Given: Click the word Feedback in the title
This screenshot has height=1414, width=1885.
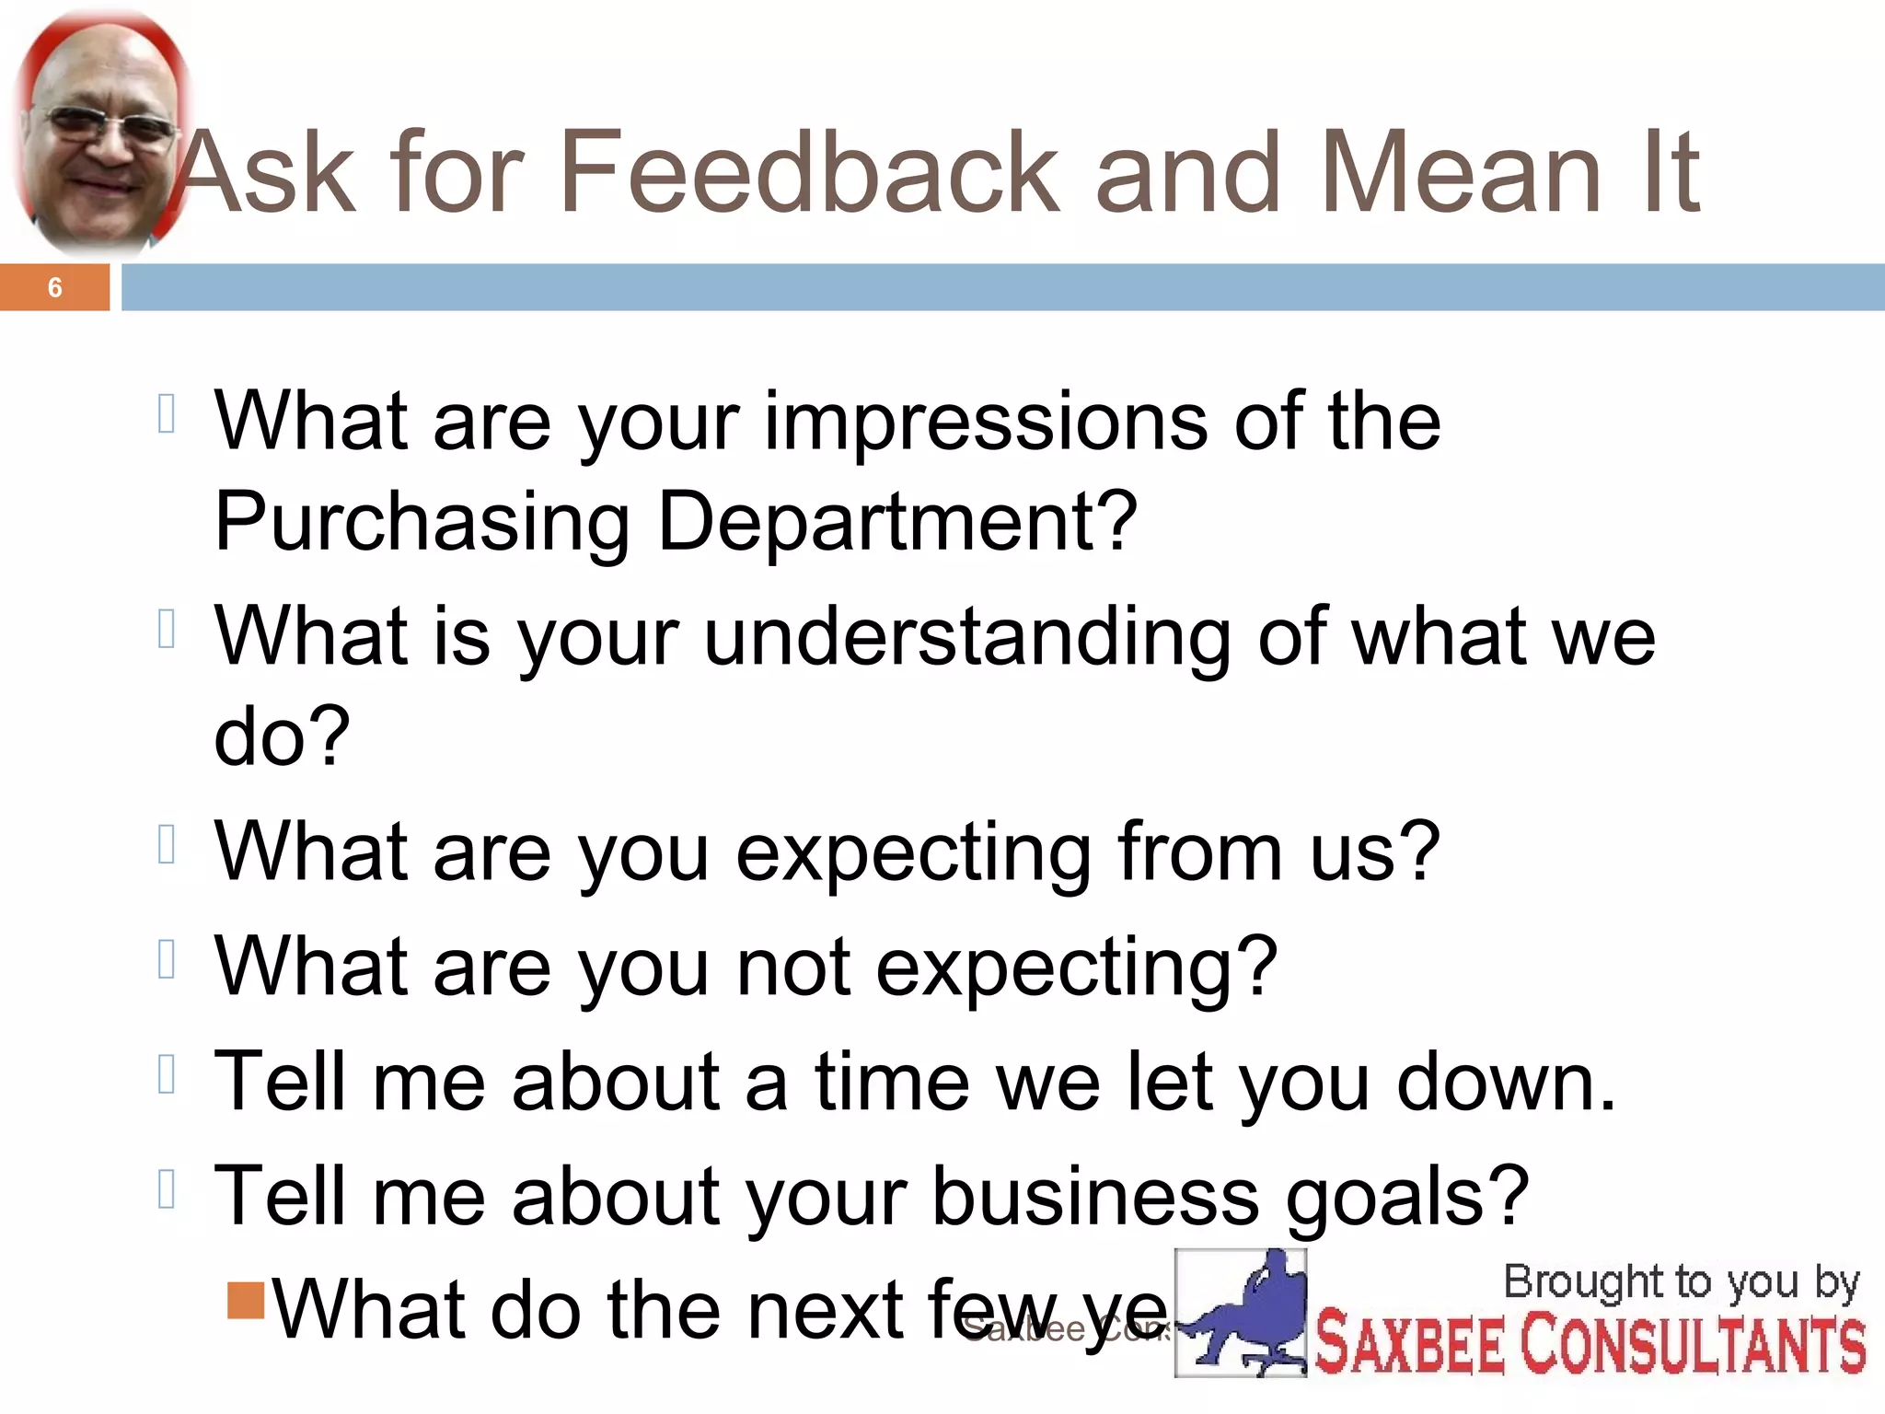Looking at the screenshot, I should click(x=810, y=172).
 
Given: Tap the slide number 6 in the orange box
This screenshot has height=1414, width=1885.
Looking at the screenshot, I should click(x=55, y=288).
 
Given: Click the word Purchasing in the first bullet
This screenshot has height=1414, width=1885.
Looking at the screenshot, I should click(x=422, y=524).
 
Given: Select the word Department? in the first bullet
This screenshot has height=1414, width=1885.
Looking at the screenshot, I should click(x=897, y=524).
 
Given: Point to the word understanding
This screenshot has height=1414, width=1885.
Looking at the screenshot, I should click(x=966, y=638).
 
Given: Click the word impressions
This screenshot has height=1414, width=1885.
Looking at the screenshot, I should click(x=985, y=423).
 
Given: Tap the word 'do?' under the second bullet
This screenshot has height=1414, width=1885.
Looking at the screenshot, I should click(x=282, y=736).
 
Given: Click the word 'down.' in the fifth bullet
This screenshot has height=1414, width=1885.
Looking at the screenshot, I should click(x=1506, y=1083).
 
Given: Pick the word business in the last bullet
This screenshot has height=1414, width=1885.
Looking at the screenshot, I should click(x=1095, y=1198).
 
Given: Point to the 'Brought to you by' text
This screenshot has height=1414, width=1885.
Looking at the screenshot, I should click(x=1681, y=1282).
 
